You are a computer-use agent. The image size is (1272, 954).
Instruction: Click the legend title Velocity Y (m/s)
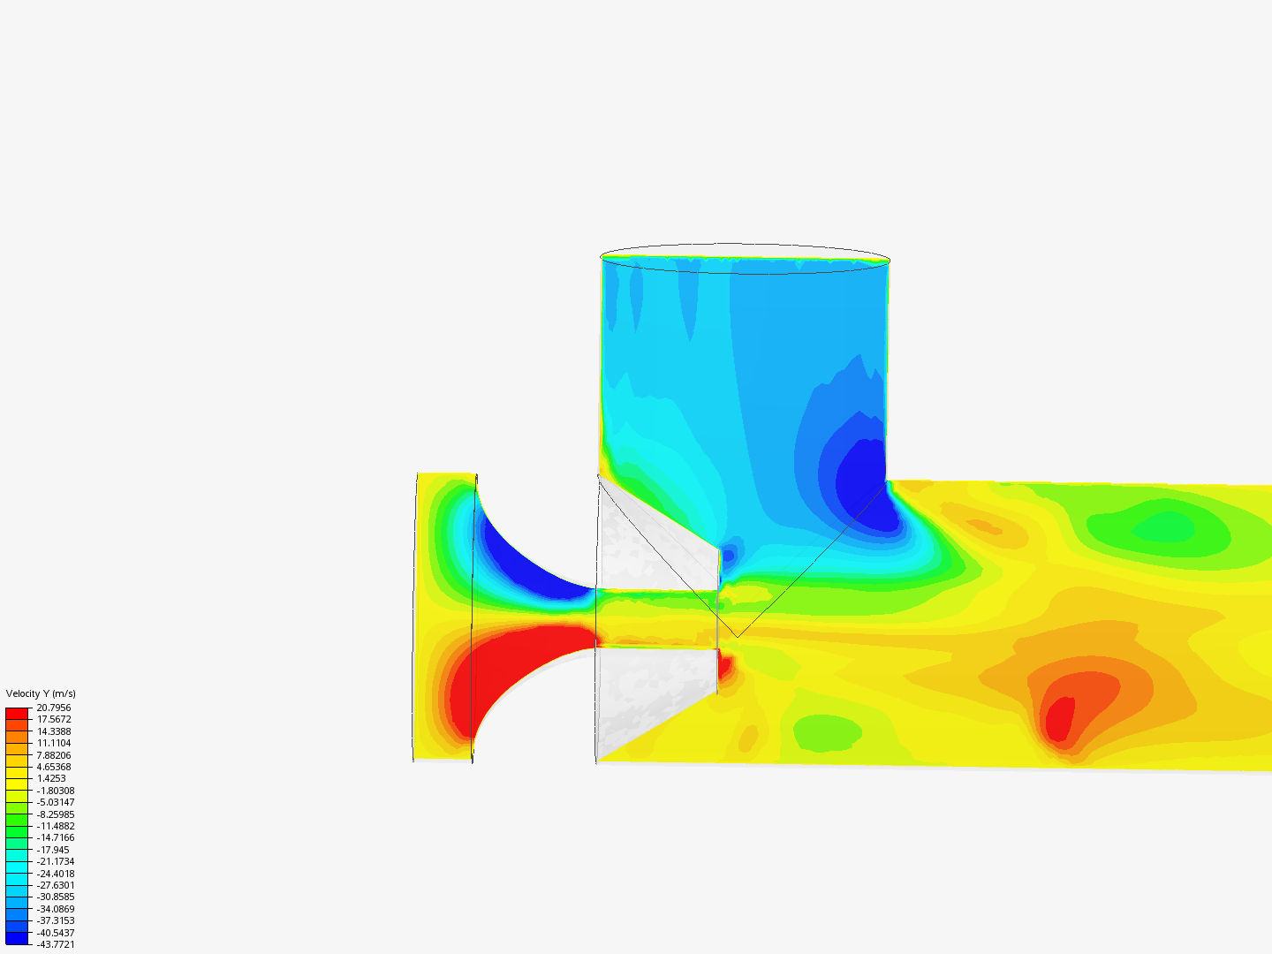pyautogui.click(x=41, y=693)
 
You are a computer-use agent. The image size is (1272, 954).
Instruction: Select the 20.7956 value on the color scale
pyautogui.click(x=54, y=708)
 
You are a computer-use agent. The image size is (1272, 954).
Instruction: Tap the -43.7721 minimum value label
pyautogui.click(x=56, y=944)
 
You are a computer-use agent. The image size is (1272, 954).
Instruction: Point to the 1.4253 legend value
pyautogui.click(x=51, y=778)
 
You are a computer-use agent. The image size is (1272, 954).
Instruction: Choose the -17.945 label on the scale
pyautogui.click(x=53, y=850)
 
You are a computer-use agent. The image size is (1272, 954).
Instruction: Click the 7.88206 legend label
pyautogui.click(x=54, y=755)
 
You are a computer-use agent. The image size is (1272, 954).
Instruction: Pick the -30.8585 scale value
pyautogui.click(x=56, y=897)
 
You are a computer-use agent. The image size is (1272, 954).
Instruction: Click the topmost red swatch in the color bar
pyautogui.click(x=17, y=714)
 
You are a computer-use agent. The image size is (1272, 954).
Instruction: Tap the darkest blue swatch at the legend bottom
pyautogui.click(x=17, y=938)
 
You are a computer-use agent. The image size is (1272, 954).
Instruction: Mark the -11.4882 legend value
pyautogui.click(x=56, y=826)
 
